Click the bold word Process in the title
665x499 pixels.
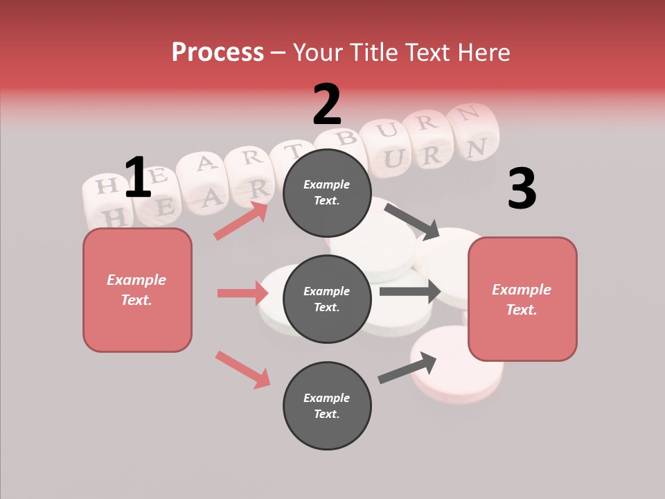coord(218,52)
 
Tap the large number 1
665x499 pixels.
coord(138,177)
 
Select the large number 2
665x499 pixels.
coord(327,105)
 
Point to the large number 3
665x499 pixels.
coord(522,189)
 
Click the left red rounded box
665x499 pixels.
coord(137,290)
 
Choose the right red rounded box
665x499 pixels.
coord(522,299)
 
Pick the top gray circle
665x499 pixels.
coord(327,193)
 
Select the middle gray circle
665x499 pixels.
coord(327,299)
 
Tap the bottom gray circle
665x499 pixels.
coord(327,405)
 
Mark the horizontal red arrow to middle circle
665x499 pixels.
coord(242,293)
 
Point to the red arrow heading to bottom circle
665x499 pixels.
coord(242,369)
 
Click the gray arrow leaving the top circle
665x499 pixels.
coord(411,220)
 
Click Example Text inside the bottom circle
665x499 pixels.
coord(327,405)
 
